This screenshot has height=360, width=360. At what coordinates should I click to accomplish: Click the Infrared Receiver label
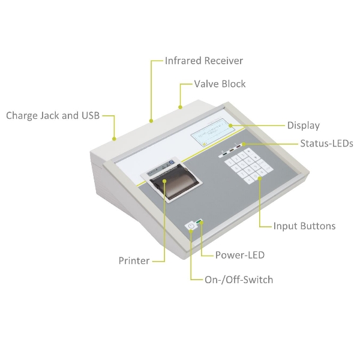204,61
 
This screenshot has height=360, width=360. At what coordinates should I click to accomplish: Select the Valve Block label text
220,84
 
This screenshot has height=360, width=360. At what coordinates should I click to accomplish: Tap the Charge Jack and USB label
52,115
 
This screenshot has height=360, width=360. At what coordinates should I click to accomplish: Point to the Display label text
303,125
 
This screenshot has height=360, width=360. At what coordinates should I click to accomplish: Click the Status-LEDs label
326,143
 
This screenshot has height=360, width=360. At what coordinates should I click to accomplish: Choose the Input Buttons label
304,226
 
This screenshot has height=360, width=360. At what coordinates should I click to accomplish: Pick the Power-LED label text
240,255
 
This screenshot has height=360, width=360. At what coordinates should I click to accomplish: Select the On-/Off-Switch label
239,280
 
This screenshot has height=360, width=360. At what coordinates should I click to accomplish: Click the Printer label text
134,260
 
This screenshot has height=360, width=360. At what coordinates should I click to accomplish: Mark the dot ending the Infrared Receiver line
152,121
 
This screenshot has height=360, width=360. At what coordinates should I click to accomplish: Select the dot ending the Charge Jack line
115,139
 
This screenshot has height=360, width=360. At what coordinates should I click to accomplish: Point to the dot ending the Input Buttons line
260,178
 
